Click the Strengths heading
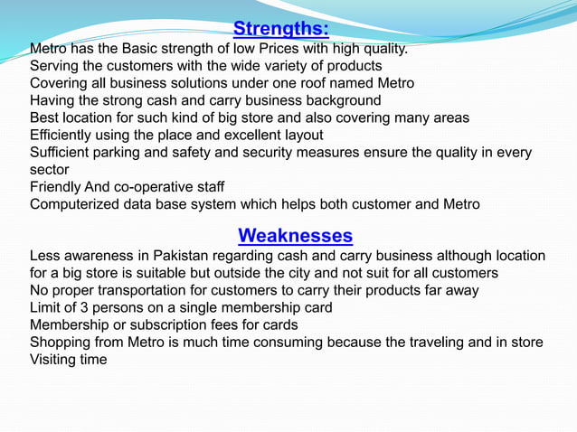tap(280, 28)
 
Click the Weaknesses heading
tap(295, 236)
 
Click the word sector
tap(50, 169)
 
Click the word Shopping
tap(63, 342)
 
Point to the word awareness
tap(103, 256)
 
